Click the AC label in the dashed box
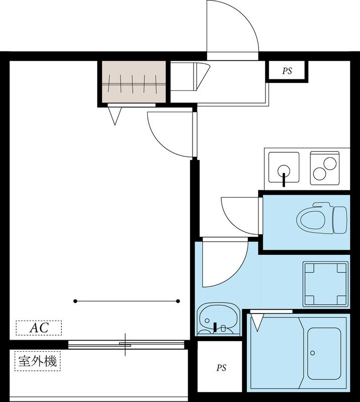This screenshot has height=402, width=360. tap(39, 328)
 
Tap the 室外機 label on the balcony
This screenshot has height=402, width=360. tap(38, 361)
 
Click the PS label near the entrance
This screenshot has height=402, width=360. tap(287, 71)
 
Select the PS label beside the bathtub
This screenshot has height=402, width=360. tap(221, 368)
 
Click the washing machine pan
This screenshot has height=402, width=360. tap(326, 284)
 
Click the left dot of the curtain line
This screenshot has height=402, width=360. tap(75, 301)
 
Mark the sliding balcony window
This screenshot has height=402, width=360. tap(126, 344)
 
